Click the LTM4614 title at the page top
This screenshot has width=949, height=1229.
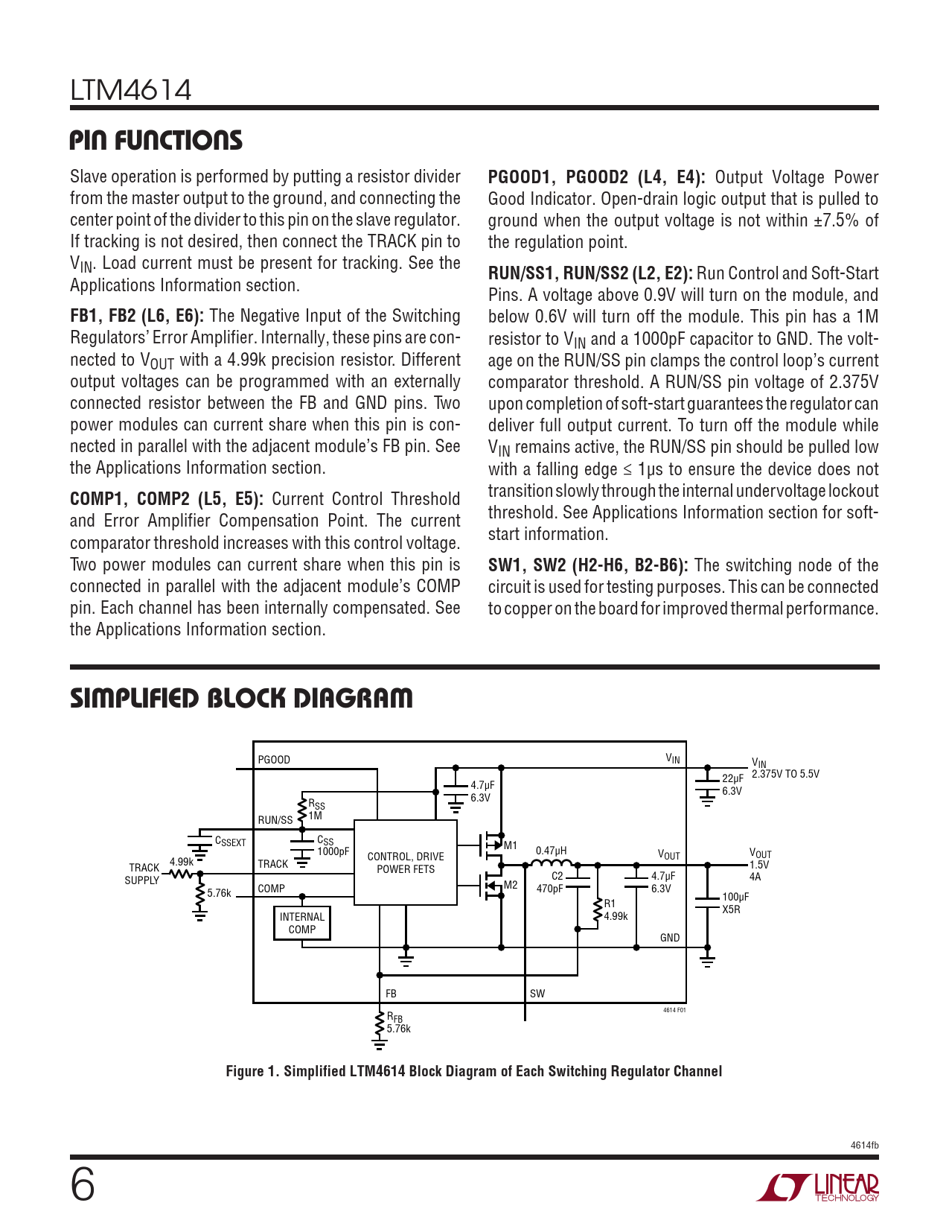[131, 91]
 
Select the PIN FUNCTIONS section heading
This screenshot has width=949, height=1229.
[156, 141]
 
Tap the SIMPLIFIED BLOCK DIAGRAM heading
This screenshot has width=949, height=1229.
[241, 699]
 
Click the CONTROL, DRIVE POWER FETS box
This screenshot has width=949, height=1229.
[405, 863]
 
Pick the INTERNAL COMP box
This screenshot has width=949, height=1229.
[302, 923]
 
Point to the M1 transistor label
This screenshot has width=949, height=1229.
[510, 845]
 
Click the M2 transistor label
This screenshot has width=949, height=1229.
[510, 885]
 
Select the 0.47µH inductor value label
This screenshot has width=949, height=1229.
[551, 851]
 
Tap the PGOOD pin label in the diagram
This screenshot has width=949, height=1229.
[274, 760]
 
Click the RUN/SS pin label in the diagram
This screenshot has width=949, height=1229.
[275, 820]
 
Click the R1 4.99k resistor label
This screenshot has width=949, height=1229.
[615, 910]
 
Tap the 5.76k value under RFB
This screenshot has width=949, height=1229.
[398, 1029]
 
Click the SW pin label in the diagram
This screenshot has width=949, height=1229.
[537, 994]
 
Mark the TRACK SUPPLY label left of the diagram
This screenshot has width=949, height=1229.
[143, 874]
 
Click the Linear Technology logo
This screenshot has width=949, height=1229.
[818, 1187]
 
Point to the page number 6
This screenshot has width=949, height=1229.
[83, 1185]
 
